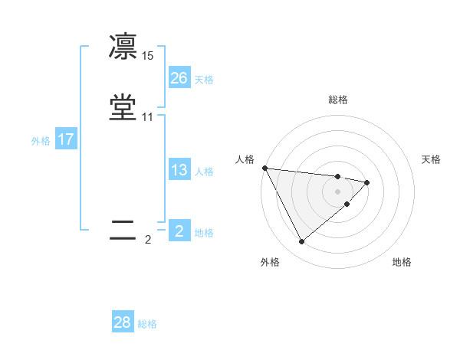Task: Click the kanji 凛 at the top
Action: click(x=123, y=47)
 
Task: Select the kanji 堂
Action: click(x=123, y=107)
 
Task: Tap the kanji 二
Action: click(x=123, y=231)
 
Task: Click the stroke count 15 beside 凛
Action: click(x=148, y=56)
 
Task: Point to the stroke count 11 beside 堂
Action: click(x=148, y=117)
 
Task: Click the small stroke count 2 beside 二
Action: click(x=148, y=240)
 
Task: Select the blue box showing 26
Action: click(x=179, y=78)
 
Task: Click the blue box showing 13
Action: click(x=179, y=170)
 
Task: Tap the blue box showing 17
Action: click(x=66, y=139)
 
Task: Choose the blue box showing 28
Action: click(x=123, y=322)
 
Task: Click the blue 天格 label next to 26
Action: click(x=204, y=80)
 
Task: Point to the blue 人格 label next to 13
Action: click(x=204, y=172)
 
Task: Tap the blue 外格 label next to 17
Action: click(x=41, y=141)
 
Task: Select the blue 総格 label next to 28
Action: click(x=147, y=324)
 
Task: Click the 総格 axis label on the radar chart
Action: click(x=338, y=100)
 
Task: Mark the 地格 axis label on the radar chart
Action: click(x=402, y=262)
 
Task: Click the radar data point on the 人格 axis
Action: click(x=264, y=168)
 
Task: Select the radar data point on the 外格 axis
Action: click(x=301, y=241)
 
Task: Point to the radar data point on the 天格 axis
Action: click(x=367, y=182)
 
